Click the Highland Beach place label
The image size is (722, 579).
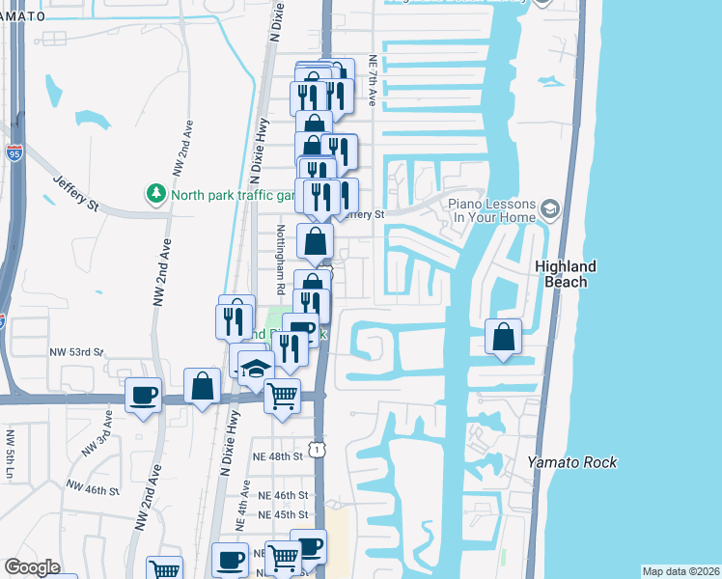(x=565, y=274)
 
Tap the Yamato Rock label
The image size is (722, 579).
(x=572, y=462)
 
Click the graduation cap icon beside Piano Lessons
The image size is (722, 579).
(x=549, y=207)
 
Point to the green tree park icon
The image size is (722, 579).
(x=156, y=194)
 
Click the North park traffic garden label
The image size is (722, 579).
(x=232, y=194)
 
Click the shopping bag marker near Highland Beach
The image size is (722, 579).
(x=504, y=337)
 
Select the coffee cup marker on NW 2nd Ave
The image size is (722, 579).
(x=144, y=395)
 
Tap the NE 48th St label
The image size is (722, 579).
(x=280, y=455)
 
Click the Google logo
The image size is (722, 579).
(x=32, y=567)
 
